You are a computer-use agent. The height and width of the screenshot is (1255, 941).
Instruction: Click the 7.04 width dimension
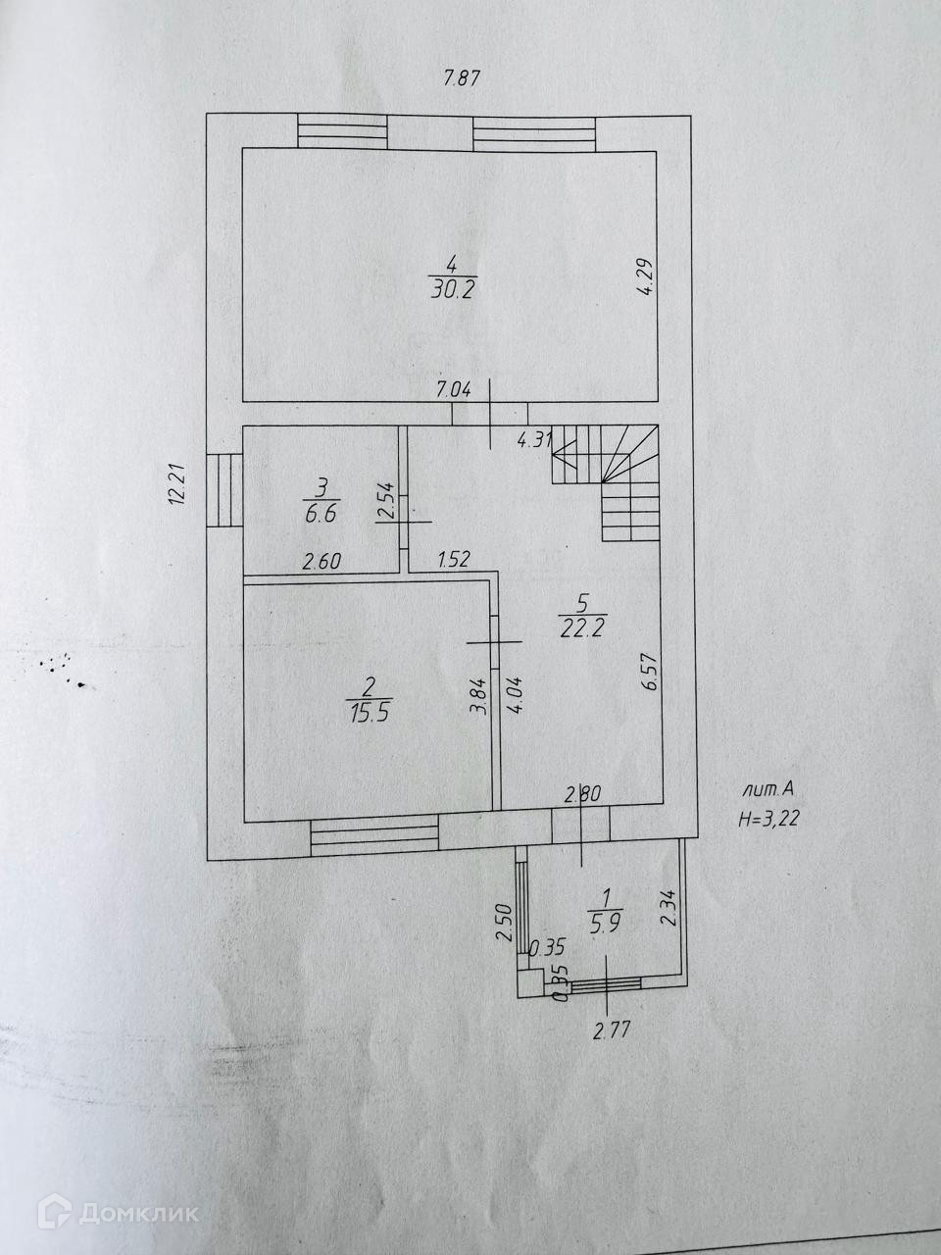454,389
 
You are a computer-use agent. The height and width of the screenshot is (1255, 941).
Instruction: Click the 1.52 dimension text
454,561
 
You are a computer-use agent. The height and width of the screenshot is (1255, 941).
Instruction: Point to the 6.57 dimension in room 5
649,674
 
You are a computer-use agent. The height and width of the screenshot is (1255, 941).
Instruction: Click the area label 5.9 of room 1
605,922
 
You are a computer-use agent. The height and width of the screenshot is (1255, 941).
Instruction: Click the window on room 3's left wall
223,491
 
